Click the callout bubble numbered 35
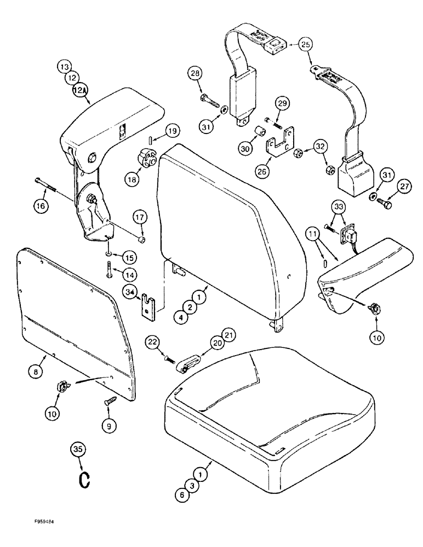click(79, 450)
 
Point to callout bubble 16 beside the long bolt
click(42, 205)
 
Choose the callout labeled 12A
click(67, 92)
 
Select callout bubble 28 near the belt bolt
click(196, 73)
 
